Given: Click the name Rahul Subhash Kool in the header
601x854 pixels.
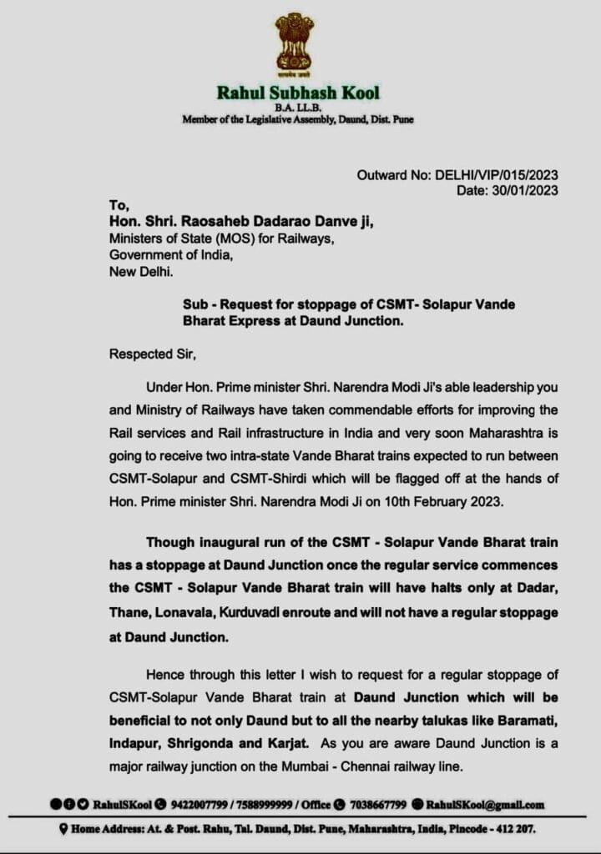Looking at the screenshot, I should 298,92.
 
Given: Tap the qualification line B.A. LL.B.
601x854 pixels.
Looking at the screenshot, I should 298,108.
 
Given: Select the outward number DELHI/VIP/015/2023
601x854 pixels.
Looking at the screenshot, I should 495,175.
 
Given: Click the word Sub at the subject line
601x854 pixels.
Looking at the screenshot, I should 194,304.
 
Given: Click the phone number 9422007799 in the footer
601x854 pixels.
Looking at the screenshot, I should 201,805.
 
